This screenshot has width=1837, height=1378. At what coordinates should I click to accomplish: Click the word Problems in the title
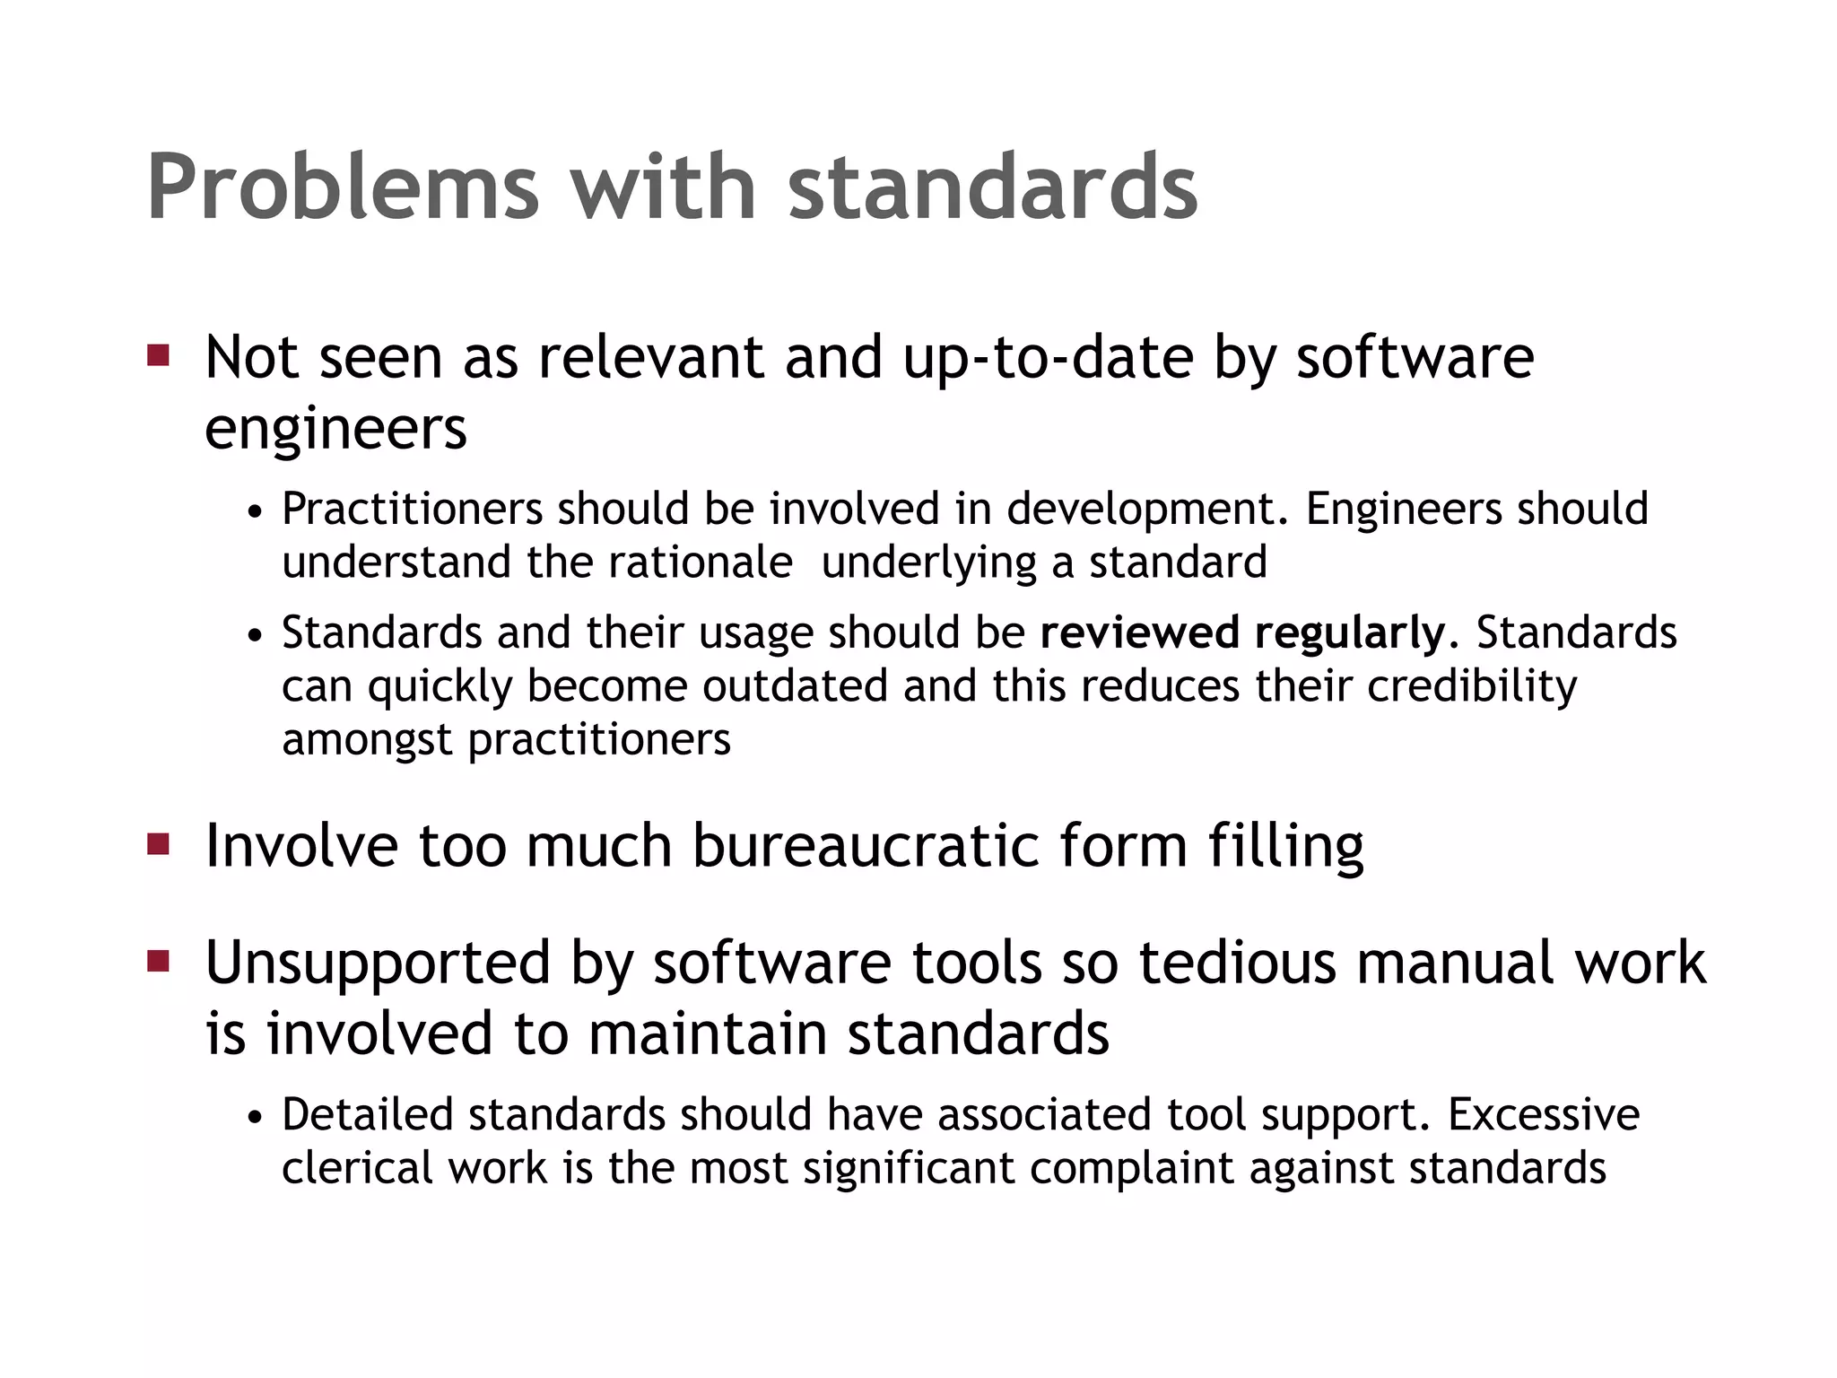tap(344, 188)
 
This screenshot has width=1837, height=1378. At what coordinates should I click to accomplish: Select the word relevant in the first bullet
tap(651, 357)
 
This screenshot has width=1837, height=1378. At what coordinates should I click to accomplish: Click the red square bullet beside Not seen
tap(159, 355)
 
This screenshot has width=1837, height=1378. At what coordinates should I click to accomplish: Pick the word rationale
tap(700, 563)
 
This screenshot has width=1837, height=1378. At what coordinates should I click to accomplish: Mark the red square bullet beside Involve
tap(159, 844)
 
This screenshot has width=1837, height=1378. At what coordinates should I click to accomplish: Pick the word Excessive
tap(1543, 1115)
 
